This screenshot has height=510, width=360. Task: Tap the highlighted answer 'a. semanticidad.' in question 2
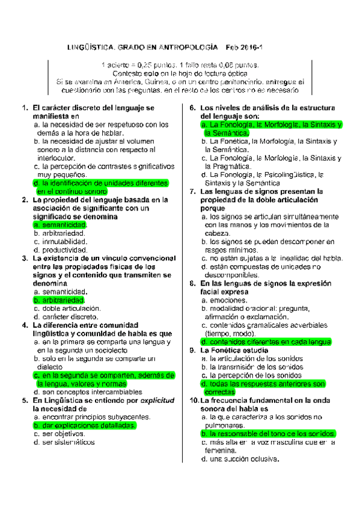tap(60, 224)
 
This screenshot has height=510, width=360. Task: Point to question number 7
tap(192, 191)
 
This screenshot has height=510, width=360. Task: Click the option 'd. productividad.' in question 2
tap(61, 250)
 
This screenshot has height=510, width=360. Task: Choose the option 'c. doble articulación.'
tap(67, 308)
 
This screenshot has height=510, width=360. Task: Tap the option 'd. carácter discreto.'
tap(66, 316)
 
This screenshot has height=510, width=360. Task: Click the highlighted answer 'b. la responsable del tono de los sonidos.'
tap(268, 433)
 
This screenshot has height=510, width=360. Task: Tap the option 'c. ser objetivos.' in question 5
tap(59, 433)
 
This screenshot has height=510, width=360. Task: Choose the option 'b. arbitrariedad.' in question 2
tap(60, 233)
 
